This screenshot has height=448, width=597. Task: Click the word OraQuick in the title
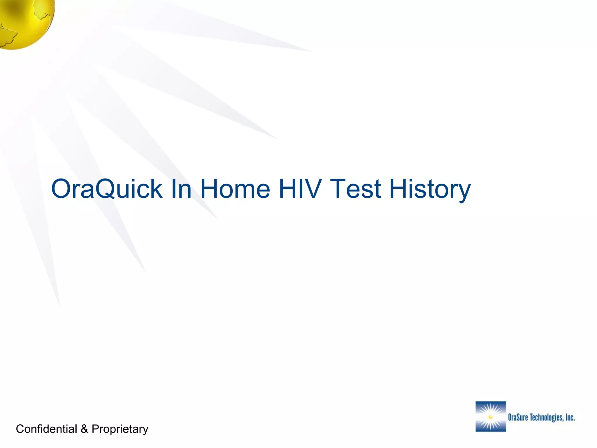tap(106, 189)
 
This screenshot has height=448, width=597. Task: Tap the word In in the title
tap(181, 189)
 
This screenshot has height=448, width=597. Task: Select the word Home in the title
tap(235, 189)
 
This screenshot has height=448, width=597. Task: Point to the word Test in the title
tap(355, 189)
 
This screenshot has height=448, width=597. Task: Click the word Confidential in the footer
tap(46, 429)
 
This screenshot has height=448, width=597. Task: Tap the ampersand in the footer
tap(84, 429)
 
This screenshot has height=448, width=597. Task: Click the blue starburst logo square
tap(491, 416)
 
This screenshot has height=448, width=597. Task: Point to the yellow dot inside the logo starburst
tap(490, 417)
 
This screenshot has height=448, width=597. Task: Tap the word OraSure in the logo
tap(518, 417)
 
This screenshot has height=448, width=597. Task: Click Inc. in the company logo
tap(570, 417)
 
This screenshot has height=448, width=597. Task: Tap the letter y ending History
tap(463, 192)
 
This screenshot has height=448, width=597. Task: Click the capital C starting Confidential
tap(20, 429)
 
